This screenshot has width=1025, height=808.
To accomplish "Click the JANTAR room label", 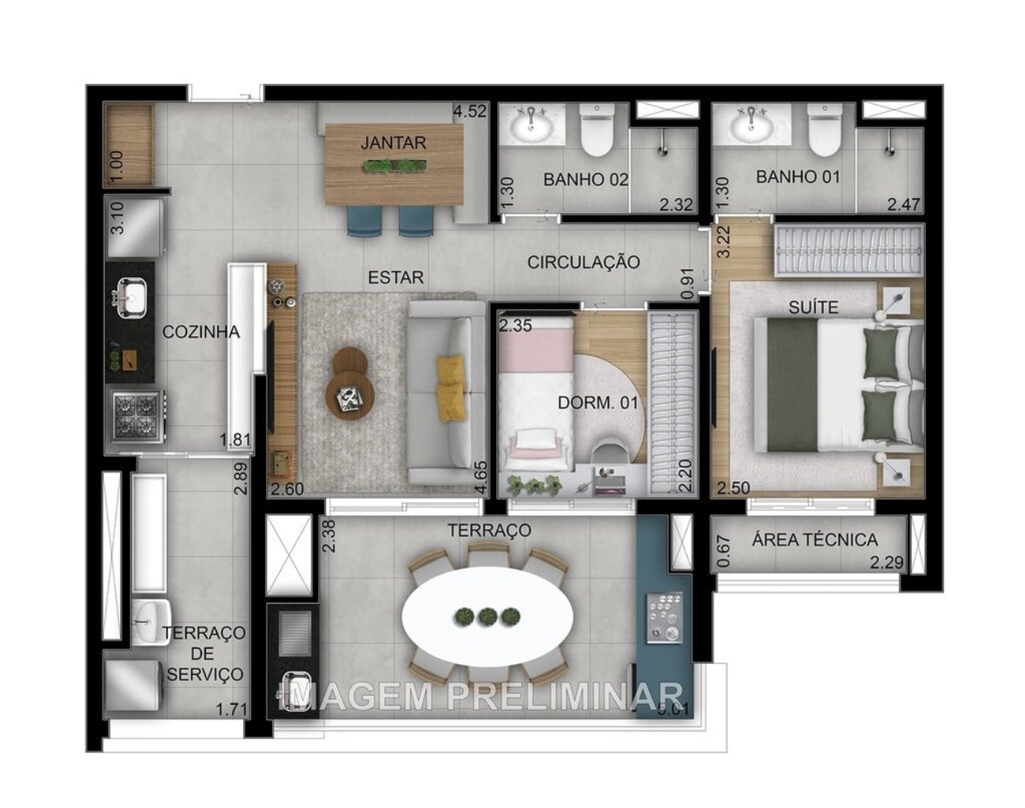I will click(393, 143).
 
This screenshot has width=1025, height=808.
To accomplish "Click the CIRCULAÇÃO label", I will click(583, 262).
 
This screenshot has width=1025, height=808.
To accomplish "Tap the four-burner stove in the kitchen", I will click(136, 416).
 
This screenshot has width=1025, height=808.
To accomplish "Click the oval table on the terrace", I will click(483, 616).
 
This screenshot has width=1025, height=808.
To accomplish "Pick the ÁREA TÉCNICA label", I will click(814, 540).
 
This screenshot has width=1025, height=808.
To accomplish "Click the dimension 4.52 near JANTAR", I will click(469, 111).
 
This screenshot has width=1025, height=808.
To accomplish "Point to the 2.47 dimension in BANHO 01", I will click(903, 204).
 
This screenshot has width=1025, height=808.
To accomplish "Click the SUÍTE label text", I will click(813, 306).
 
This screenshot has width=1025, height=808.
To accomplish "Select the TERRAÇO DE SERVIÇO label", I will click(204, 653).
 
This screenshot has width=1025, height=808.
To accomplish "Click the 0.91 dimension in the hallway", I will click(688, 283).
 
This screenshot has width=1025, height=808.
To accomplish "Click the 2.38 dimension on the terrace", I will click(329, 535).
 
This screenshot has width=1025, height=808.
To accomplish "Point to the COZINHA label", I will click(201, 332).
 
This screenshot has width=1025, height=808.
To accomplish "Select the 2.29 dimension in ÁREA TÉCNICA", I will click(885, 563).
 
